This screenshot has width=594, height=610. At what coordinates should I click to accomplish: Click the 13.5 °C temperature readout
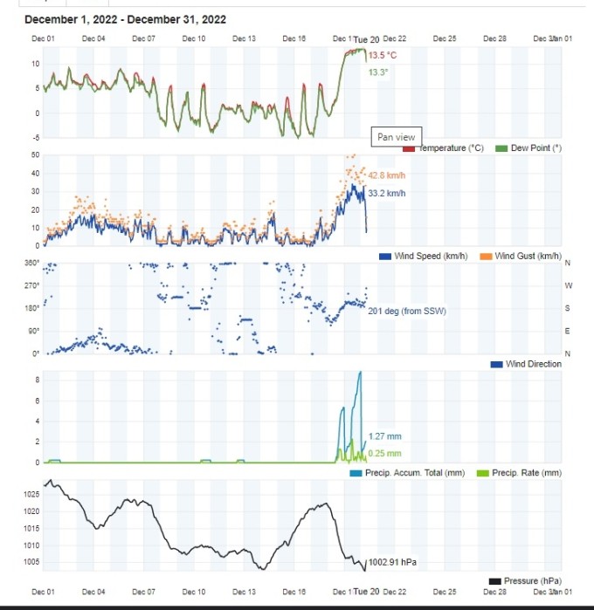click(382, 56)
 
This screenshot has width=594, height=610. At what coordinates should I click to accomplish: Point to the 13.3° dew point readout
click(377, 72)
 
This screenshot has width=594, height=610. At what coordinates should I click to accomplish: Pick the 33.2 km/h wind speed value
click(387, 193)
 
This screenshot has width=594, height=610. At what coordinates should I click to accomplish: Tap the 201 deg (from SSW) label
click(406, 311)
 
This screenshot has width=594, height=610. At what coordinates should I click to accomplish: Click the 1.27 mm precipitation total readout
click(384, 435)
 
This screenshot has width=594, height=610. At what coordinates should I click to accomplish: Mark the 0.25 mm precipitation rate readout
click(384, 453)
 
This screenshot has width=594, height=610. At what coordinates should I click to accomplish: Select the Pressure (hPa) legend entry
click(532, 581)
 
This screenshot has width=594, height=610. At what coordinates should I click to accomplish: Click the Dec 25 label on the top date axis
click(445, 38)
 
